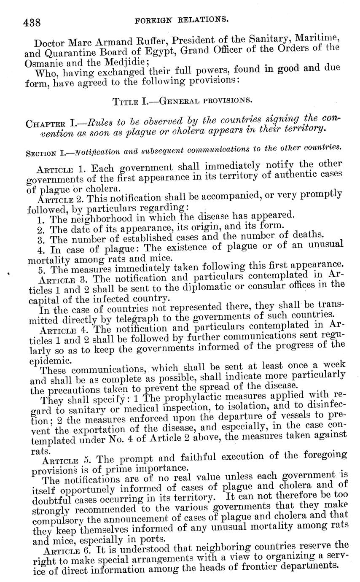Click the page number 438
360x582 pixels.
[x=32, y=22]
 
